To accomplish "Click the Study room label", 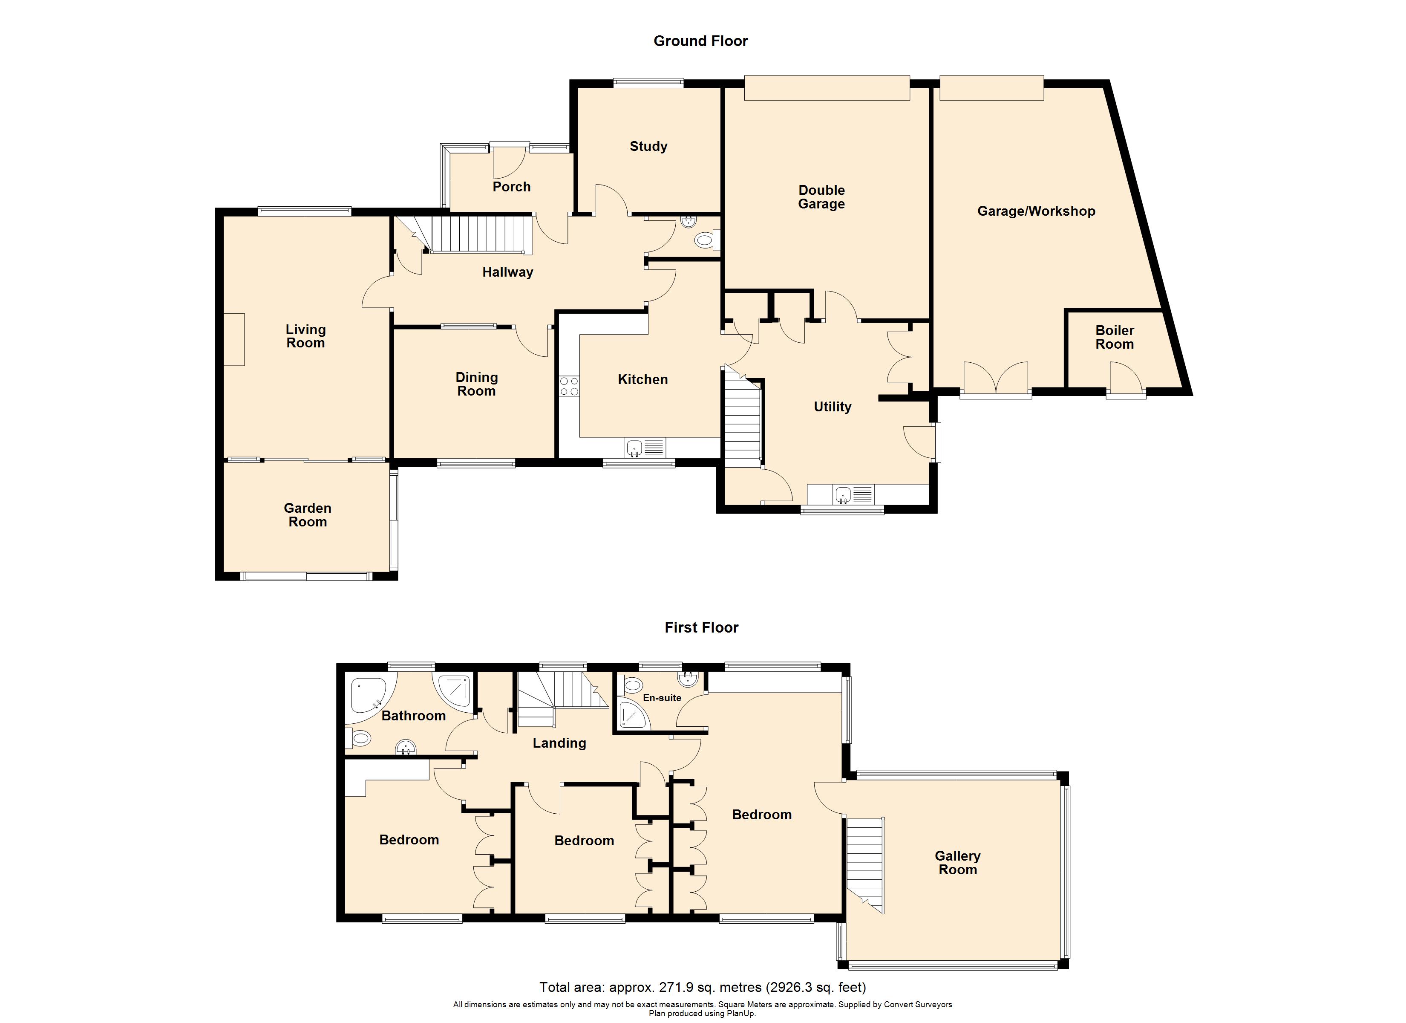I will click(x=648, y=146).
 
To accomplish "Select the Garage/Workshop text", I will click(x=1036, y=211).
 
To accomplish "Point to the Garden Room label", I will click(x=308, y=515).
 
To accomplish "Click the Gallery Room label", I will click(x=957, y=862).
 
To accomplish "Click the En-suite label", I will click(x=662, y=698).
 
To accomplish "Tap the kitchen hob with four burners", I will click(x=569, y=387).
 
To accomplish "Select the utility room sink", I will click(x=843, y=494).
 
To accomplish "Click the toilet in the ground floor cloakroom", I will click(x=705, y=240).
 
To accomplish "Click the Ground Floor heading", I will click(x=700, y=41).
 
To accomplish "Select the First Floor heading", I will click(x=701, y=627).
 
